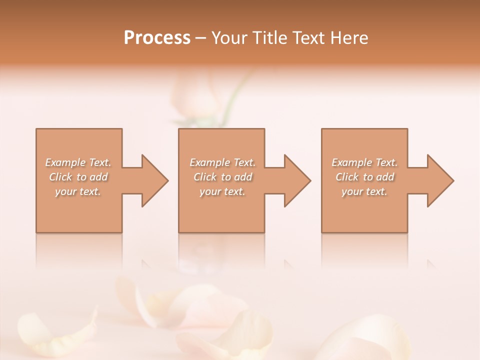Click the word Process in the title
pos(157,38)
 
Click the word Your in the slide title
pos(229,38)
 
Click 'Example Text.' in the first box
pos(78,162)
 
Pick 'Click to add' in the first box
pos(78,177)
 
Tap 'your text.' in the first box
pos(78,191)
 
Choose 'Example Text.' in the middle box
pos(222,162)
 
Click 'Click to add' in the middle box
pos(222,177)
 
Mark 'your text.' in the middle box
pos(222,191)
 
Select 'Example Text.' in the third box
pos(364,162)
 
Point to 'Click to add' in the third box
pos(364,177)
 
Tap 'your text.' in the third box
pos(364,191)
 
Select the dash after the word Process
pos(201,38)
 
